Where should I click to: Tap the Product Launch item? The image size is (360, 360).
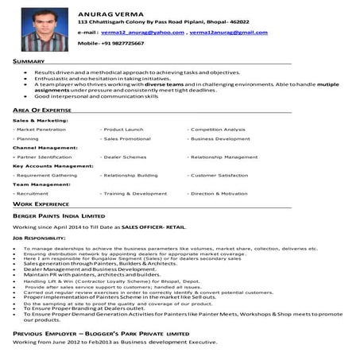123,129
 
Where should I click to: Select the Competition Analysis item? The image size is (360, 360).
218,129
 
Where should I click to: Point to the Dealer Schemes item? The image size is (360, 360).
126,157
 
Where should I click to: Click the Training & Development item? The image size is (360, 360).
135,193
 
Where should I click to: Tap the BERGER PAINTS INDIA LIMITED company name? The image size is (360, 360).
59,215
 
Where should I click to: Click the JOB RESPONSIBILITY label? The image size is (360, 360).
39,238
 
